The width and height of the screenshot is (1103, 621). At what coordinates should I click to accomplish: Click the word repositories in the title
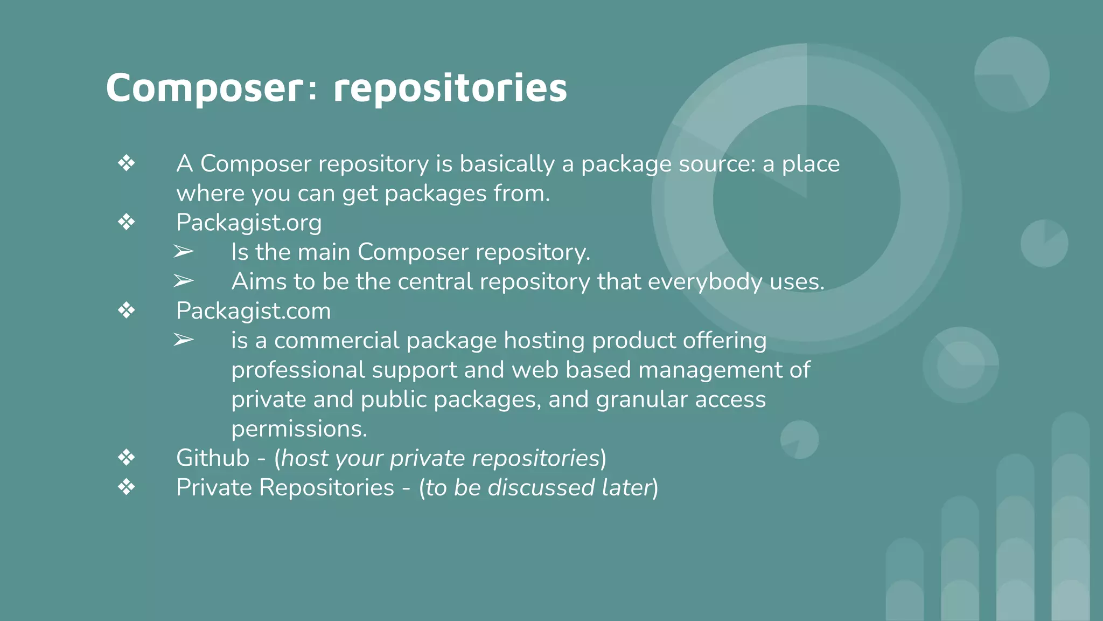[x=450, y=88]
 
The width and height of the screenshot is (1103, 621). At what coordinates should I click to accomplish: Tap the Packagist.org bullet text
[x=249, y=223]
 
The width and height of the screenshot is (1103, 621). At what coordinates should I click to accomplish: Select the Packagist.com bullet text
[x=253, y=311]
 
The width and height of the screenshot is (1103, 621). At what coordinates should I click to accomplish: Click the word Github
[x=213, y=458]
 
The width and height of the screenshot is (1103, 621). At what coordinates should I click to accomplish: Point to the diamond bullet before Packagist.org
[x=127, y=222]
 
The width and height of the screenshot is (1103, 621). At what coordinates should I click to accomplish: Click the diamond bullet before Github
[x=127, y=458]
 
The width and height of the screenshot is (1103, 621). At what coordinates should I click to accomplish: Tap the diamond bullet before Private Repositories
[x=127, y=487]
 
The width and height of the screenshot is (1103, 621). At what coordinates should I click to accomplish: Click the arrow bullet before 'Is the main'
[x=183, y=252]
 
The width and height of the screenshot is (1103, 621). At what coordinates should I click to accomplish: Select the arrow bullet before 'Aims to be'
[x=183, y=281]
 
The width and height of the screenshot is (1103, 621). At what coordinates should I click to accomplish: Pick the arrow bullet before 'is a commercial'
[x=183, y=340]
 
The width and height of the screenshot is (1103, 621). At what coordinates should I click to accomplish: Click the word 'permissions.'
[x=299, y=429]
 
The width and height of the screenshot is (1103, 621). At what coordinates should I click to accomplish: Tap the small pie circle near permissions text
[x=799, y=439]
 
